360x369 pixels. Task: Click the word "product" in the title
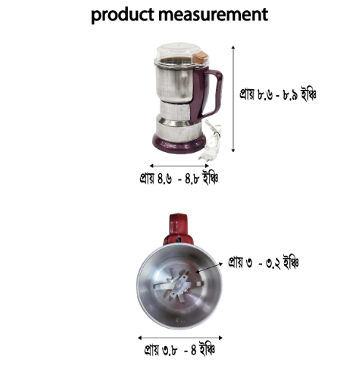[x=123, y=15]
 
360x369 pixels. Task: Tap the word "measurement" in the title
[x=213, y=15]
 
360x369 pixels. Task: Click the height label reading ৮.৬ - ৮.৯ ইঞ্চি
[x=277, y=94]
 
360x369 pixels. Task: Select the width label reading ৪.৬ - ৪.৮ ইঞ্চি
[x=179, y=178]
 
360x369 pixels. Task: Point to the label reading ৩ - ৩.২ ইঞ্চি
[x=263, y=262]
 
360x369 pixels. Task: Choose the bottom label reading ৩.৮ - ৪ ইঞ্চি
[x=180, y=350]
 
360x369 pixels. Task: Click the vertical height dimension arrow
[x=233, y=99]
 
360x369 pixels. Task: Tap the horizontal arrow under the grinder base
[x=179, y=166]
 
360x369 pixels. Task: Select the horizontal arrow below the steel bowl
[x=180, y=338]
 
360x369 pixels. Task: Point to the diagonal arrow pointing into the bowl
[x=210, y=267]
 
